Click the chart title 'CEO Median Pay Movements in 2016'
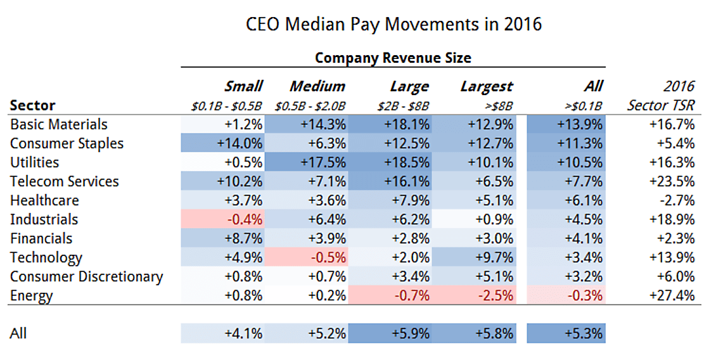[x=393, y=25]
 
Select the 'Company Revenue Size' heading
[x=393, y=58]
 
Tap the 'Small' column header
[x=243, y=86]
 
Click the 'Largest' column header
[x=487, y=86]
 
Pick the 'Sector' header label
[x=33, y=105]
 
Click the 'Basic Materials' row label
[x=59, y=124]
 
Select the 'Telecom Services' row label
[x=65, y=181]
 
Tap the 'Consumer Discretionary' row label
[x=86, y=276]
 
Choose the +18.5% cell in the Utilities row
[x=408, y=162]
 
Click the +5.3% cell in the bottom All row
[x=584, y=333]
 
